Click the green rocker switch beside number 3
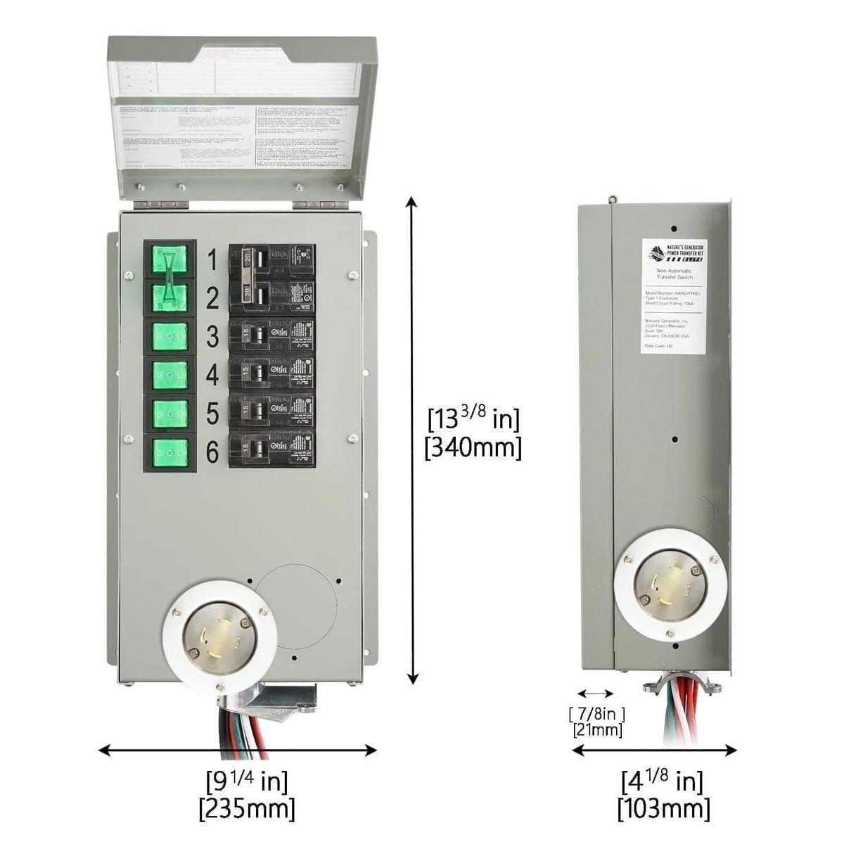[169, 337]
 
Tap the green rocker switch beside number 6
[169, 452]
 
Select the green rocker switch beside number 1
[169, 260]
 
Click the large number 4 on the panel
[212, 376]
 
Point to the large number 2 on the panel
[212, 299]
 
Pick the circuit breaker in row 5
[271, 413]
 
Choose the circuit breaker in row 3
[271, 337]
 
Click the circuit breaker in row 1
[271, 260]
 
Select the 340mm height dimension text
[473, 448]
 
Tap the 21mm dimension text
[598, 731]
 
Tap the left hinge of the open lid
[161, 205]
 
